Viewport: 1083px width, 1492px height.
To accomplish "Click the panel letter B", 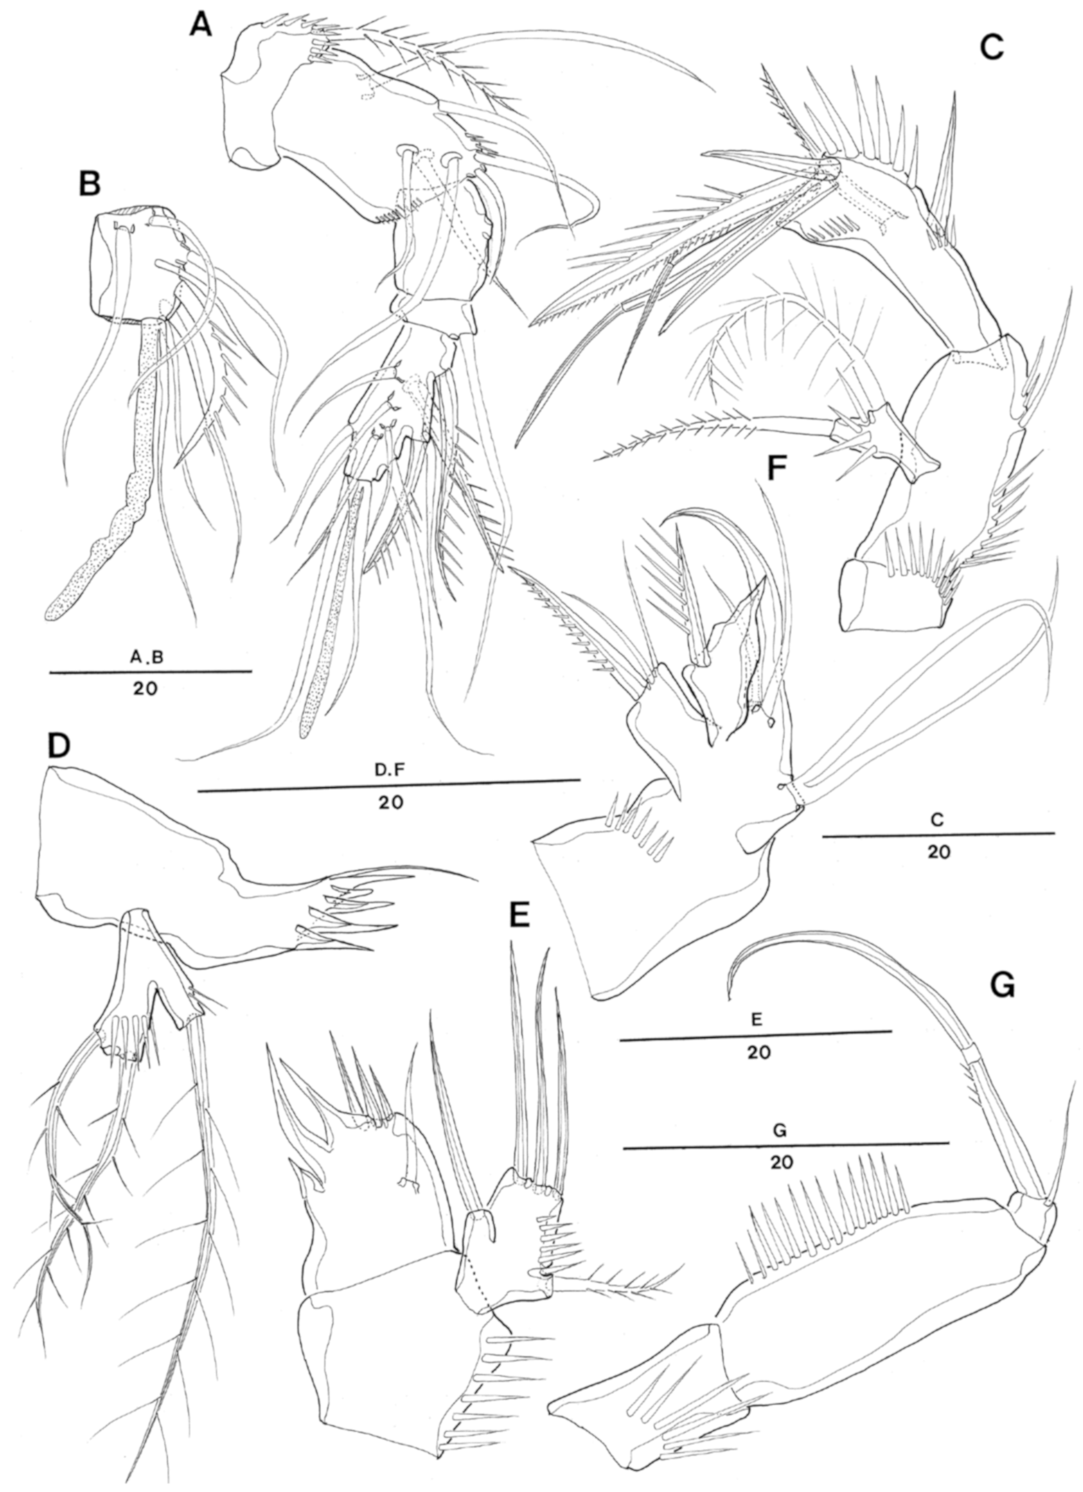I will tap(89, 183).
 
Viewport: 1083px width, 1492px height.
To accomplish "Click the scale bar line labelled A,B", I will tap(150, 671).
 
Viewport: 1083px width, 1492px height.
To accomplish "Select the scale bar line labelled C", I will tap(938, 835).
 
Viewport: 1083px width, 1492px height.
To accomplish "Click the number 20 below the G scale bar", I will tap(782, 1163).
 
